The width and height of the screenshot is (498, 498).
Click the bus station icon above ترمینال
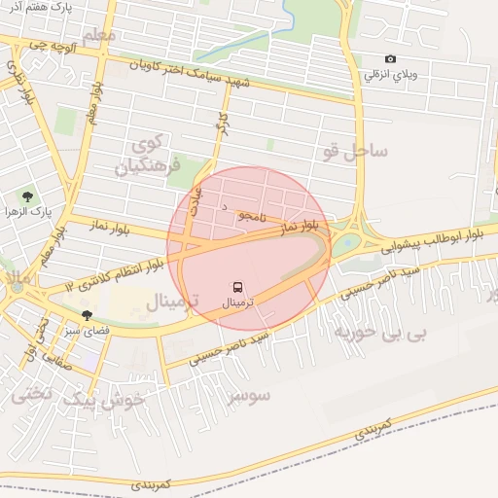pyautogui.click(x=238, y=288)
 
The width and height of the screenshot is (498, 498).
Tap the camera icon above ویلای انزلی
pyautogui.click(x=391, y=59)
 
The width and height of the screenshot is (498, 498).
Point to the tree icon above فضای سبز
pyautogui.click(x=88, y=314)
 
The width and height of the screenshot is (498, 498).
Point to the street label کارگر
pyautogui.click(x=221, y=134)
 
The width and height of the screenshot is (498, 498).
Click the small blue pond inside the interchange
pyautogui.click(x=347, y=241)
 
